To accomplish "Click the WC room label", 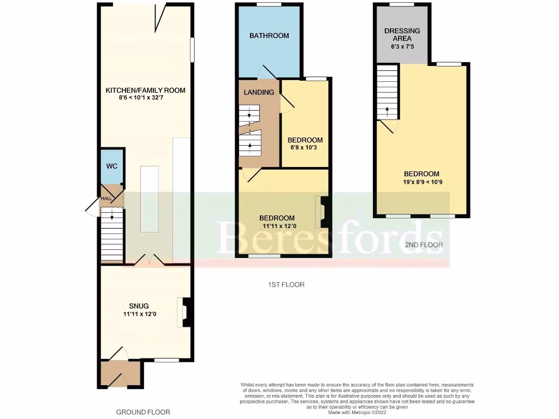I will (x=111, y=166).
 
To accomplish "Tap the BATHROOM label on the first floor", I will (x=269, y=36).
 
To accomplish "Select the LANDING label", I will (x=259, y=92).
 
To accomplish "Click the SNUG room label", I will (x=139, y=306).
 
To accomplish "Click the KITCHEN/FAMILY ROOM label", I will (x=145, y=90).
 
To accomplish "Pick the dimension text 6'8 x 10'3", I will (x=305, y=148).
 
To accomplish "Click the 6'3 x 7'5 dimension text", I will (x=402, y=47).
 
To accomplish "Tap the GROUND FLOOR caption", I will (x=143, y=412).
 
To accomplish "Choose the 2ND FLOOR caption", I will (x=424, y=245).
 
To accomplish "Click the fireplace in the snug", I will (x=186, y=312).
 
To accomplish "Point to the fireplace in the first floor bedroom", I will (x=322, y=212).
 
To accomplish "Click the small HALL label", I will (x=106, y=199).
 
